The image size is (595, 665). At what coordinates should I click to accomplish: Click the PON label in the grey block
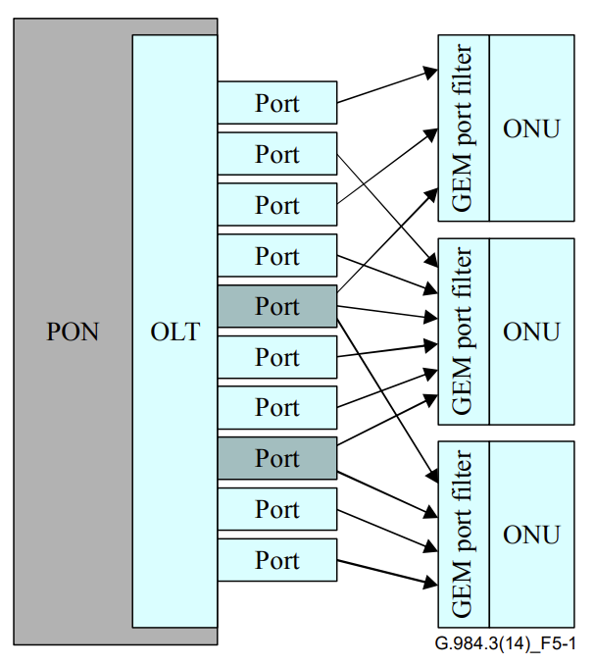74,332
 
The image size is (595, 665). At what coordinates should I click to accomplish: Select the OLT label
174,332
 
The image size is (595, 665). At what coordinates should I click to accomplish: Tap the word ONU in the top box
531,128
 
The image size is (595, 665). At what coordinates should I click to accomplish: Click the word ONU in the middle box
531,332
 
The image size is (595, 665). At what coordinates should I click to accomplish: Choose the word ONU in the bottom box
531,535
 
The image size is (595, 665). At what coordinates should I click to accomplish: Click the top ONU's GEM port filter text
463,128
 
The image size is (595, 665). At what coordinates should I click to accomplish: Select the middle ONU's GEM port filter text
463,332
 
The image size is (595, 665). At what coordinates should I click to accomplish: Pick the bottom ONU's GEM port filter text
463,535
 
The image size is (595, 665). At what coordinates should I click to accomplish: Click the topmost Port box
276,103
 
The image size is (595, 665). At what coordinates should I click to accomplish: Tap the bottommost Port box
276,560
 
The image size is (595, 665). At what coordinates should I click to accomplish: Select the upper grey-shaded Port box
276,306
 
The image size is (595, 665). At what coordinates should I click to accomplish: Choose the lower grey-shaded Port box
276,458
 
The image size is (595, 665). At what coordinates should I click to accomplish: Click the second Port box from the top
276,154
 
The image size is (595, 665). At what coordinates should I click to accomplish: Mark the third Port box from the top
276,205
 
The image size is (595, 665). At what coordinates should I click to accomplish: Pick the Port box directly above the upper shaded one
276,256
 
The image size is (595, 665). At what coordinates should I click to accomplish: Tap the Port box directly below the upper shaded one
276,357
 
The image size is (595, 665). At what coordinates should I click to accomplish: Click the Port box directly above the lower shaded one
276,407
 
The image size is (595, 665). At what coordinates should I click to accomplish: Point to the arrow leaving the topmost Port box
387,85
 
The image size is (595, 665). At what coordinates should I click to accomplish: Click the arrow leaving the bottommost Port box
387,573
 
